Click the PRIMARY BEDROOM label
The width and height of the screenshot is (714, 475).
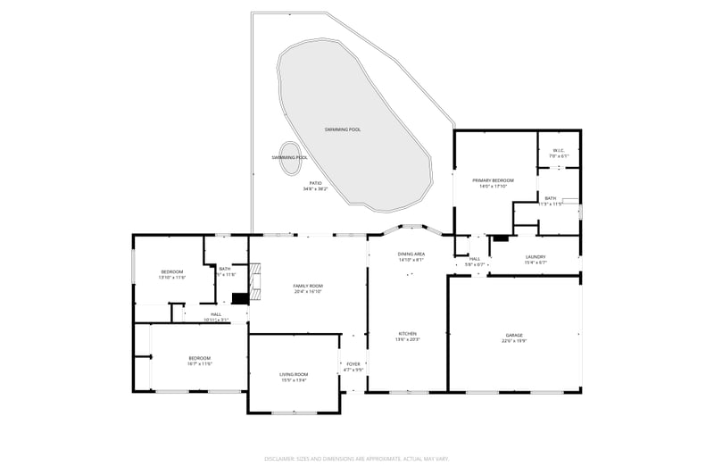(x=493, y=180)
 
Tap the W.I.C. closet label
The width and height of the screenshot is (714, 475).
(x=559, y=150)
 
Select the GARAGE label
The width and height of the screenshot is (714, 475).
(x=514, y=335)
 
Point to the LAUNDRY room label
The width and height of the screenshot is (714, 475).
(x=535, y=257)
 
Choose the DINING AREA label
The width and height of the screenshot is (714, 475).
(x=411, y=254)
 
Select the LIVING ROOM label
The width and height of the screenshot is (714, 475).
(x=295, y=374)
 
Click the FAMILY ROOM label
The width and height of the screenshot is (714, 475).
(x=307, y=286)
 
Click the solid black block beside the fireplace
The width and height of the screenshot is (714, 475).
(x=239, y=300)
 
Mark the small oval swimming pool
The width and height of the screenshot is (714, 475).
(x=290, y=156)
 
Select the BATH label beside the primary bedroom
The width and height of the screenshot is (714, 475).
(x=551, y=198)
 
